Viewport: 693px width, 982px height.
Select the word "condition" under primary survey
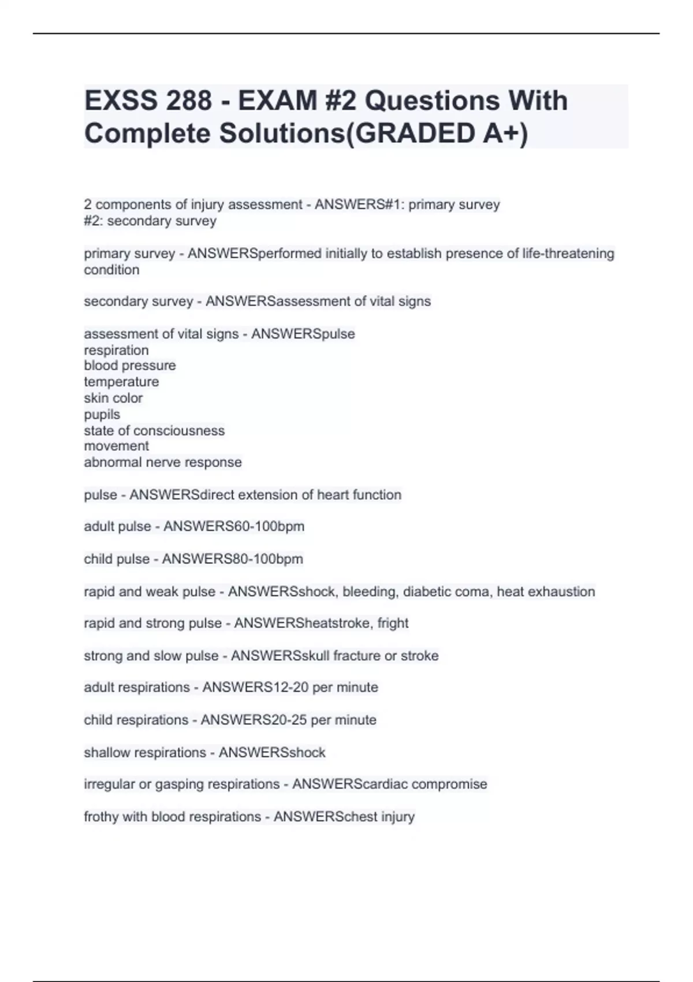111,270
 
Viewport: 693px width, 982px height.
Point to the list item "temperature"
121,382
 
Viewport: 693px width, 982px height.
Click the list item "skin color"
113,398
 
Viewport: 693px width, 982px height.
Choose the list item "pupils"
102,414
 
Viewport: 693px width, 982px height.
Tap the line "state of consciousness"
154,430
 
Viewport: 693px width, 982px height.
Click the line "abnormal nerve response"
163,462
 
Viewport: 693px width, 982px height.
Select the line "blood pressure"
130,366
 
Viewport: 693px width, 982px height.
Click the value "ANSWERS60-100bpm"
234,526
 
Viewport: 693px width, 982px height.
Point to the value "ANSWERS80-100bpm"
233,559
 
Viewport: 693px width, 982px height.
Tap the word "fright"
393,623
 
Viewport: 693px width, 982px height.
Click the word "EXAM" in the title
278,101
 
